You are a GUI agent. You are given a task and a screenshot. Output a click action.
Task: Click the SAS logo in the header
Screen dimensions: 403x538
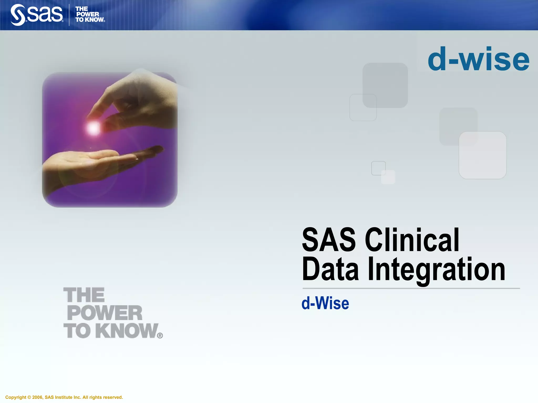(37, 15)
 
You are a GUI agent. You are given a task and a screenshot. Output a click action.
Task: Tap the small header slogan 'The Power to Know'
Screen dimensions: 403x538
(90, 14)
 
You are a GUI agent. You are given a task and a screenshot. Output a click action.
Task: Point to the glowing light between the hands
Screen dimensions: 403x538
(93, 128)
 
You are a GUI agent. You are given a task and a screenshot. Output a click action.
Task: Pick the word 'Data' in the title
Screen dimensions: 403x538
(330, 269)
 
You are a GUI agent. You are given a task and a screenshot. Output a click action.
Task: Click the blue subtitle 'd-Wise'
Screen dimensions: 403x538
(325, 303)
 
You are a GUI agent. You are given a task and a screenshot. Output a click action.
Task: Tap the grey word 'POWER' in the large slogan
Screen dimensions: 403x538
(105, 313)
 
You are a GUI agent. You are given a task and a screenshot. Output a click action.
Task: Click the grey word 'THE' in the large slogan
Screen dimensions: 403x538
(84, 295)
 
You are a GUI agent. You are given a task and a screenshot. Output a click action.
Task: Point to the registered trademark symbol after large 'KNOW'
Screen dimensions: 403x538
(160, 336)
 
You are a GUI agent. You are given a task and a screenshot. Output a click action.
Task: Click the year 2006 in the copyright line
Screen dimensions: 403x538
(37, 397)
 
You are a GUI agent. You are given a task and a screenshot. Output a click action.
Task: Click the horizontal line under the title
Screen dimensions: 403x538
(411, 288)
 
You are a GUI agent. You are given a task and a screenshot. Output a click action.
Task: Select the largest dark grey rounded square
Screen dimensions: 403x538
(385, 85)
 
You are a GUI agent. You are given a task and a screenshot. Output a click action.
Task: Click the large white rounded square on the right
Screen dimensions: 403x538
(483, 155)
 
